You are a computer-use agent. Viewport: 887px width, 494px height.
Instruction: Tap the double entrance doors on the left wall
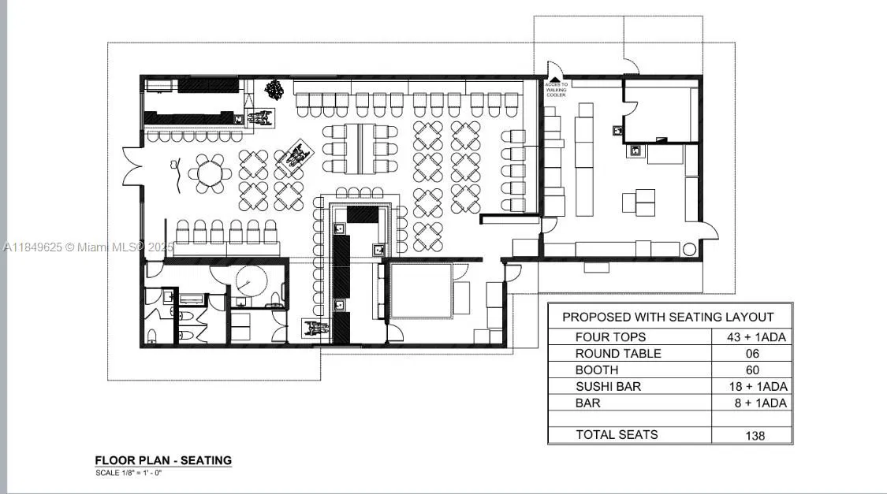(x=131, y=166)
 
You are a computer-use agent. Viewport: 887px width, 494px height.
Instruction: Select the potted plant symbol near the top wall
(x=274, y=89)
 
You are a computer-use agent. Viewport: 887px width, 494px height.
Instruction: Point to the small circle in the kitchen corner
(x=689, y=250)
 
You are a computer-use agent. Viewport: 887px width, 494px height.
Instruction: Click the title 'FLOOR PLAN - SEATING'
(x=163, y=460)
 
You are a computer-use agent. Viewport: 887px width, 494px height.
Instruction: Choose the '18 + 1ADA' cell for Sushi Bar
(x=758, y=387)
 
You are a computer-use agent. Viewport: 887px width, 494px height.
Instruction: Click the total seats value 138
(x=755, y=435)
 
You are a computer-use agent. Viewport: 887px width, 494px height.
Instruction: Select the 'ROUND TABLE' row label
(x=618, y=354)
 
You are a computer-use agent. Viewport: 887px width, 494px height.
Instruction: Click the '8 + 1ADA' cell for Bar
(x=758, y=403)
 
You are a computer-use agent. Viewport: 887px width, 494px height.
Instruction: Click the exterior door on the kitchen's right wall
(x=710, y=230)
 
